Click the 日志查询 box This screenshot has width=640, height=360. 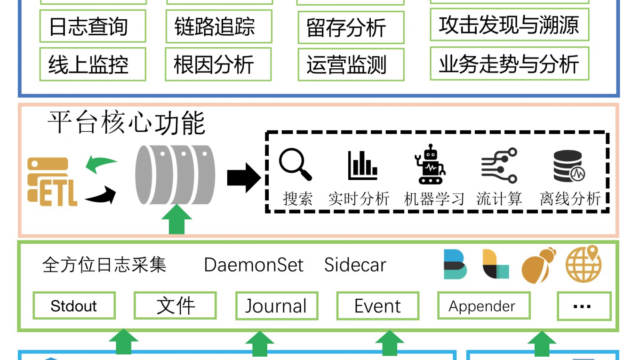[x=93, y=26]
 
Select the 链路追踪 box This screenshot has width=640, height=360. [x=219, y=26]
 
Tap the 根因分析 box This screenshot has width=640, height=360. [x=218, y=64]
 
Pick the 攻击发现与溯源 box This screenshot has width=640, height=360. [x=509, y=24]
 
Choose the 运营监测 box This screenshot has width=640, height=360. [x=351, y=64]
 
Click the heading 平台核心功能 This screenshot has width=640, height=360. [x=126, y=123]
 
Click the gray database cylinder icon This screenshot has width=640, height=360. [x=175, y=175]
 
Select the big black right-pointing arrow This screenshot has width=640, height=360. [x=243, y=178]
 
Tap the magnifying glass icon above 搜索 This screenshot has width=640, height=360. [x=295, y=165]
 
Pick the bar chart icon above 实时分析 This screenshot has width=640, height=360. [x=362, y=166]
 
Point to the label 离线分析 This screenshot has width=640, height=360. [x=570, y=199]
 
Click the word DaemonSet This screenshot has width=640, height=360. [x=254, y=265]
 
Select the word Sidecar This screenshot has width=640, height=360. [x=355, y=265]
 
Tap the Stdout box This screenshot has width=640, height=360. [x=74, y=306]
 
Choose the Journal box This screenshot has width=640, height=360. [x=276, y=306]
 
